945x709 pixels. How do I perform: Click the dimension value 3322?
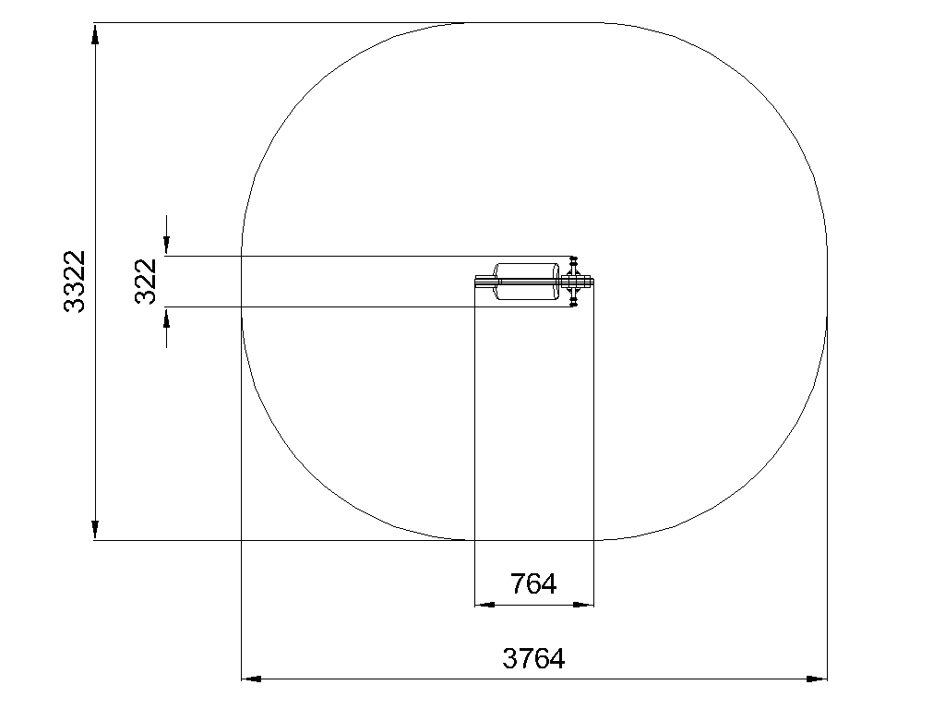coord(75,281)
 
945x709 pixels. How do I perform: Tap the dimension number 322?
coord(146,281)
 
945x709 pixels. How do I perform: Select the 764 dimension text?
coord(533,583)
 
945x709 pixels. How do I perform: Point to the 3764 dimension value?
coord(533,658)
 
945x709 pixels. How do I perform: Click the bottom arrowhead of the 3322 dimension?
coord(95,530)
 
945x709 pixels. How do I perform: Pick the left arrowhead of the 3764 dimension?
coord(251,679)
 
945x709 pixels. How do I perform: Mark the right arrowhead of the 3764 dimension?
coord(817,679)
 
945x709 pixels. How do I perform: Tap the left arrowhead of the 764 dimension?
coord(485,604)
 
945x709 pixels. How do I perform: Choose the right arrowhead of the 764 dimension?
coord(583,604)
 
